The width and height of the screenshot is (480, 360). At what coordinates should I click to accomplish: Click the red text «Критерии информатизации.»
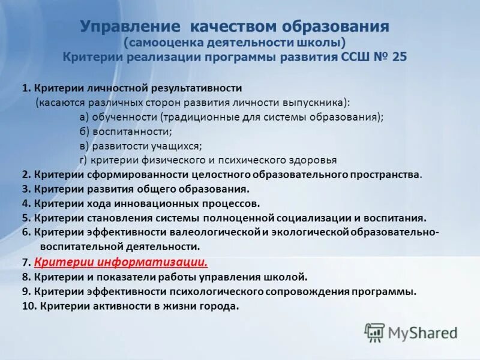coord(121,262)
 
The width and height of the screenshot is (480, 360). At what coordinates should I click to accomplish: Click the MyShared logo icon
coord(375,332)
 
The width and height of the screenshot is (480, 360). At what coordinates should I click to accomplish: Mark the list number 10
coord(28,306)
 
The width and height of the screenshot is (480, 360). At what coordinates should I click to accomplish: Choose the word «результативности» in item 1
coord(193,88)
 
